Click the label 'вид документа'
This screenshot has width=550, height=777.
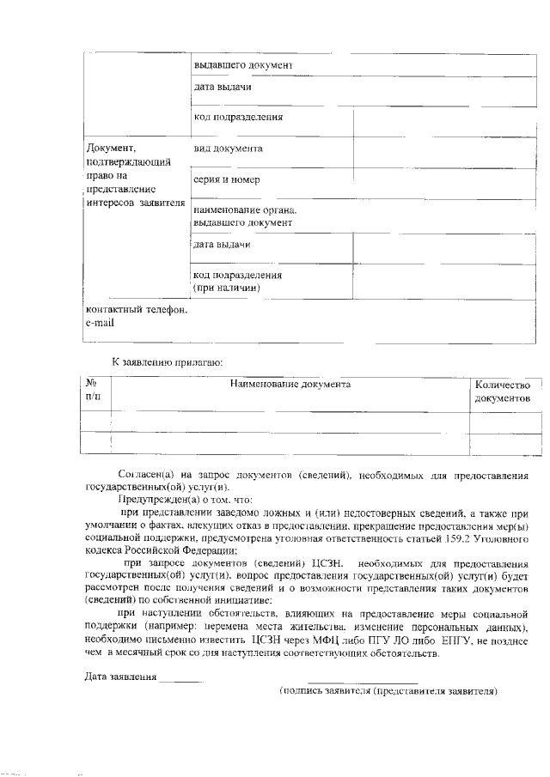pos(228,149)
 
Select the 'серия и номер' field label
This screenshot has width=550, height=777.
pos(227,180)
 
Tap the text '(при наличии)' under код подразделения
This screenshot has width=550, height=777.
pos(227,288)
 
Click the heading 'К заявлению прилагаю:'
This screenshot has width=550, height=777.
pos(168,363)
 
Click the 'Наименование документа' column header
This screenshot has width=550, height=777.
pos(290,385)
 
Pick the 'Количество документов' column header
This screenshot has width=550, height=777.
pos(508,392)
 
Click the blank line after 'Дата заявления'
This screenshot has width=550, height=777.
pos(181,677)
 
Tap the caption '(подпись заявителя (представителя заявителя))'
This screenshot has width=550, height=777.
pos(388,690)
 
